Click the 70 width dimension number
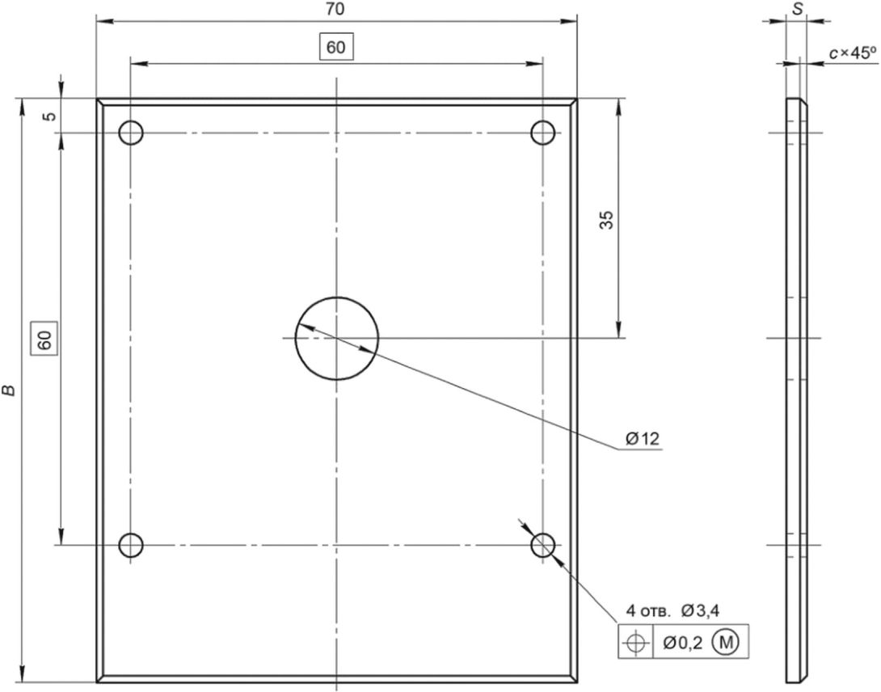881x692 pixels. coord(335,10)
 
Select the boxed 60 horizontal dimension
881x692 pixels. coord(336,47)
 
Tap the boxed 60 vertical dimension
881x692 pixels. coord(45,340)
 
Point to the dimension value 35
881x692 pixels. coord(606,219)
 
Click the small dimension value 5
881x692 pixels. coord(50,116)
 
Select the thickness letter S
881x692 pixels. coord(796,10)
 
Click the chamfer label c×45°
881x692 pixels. coord(853,53)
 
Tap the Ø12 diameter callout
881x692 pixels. coord(643,438)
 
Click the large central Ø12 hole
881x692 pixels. coord(336,339)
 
